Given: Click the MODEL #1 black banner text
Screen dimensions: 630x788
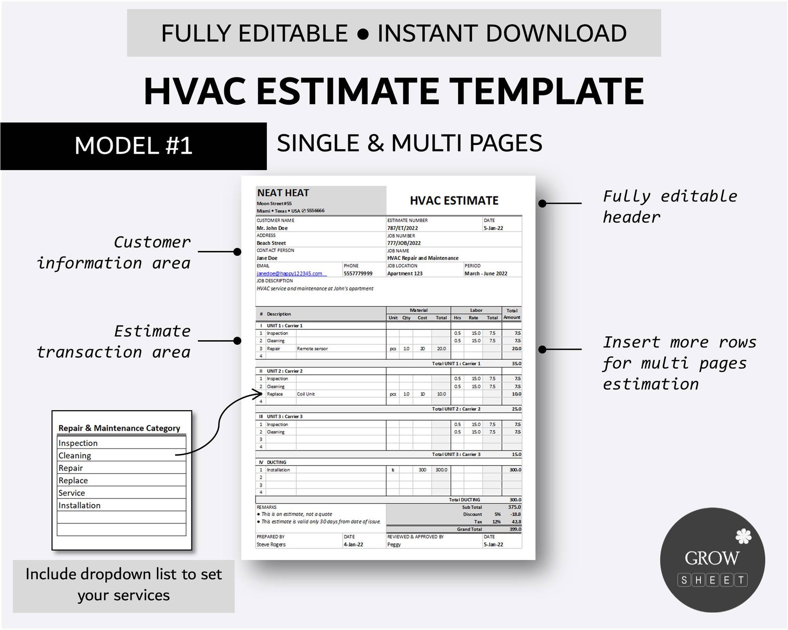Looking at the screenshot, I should click(133, 146).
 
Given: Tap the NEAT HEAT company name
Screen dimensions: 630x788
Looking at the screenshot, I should click(283, 193).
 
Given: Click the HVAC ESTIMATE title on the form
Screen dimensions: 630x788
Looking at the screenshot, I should click(454, 201).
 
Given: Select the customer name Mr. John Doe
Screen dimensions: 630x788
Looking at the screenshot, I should click(272, 228).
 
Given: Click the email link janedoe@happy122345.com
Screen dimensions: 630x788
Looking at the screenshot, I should click(290, 273).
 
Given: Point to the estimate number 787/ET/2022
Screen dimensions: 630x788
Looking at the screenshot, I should click(402, 228).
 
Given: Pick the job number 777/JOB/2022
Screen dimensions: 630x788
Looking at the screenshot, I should click(404, 243).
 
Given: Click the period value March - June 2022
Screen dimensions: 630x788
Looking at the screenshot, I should click(486, 273).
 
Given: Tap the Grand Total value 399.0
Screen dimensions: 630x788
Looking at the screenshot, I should click(516, 529).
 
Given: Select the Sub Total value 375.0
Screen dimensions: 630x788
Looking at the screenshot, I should click(515, 507).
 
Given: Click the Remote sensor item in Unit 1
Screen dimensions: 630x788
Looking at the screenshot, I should click(312, 349).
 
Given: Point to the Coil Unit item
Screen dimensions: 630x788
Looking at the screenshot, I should click(306, 394).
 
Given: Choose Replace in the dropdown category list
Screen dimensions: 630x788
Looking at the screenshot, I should click(73, 480).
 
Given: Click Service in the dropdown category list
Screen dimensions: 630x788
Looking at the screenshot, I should click(72, 493).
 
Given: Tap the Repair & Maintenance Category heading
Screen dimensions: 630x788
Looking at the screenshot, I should click(119, 428).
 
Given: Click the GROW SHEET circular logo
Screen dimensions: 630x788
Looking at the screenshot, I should click(712, 560).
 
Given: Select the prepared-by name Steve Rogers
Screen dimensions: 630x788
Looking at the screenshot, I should click(271, 544).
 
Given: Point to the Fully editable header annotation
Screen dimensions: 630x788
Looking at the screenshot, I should click(669, 206).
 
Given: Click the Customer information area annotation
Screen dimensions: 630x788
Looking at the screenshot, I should click(114, 252).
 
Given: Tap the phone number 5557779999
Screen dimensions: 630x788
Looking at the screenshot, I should click(358, 273).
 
